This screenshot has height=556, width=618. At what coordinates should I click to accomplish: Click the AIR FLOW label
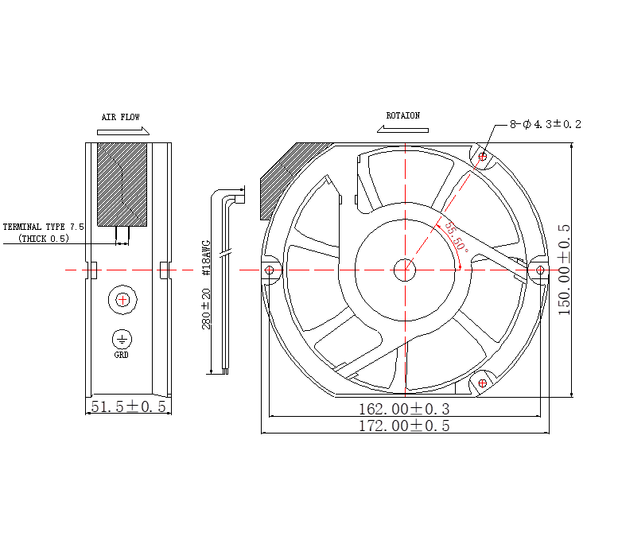(121, 117)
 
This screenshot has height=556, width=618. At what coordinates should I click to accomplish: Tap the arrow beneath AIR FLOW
(123, 131)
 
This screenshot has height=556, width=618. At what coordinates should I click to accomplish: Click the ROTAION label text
(402, 115)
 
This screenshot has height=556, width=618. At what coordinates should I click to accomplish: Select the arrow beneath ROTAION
(402, 129)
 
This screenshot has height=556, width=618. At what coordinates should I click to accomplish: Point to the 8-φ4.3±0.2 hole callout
(546, 124)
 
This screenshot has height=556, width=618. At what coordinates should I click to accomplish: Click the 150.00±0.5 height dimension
(565, 270)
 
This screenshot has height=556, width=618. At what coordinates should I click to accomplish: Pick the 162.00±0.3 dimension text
(404, 409)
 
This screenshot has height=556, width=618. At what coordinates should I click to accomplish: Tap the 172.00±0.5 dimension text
(404, 426)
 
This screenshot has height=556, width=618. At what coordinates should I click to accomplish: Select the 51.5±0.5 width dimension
(129, 406)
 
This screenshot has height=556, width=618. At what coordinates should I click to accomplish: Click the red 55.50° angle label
(457, 237)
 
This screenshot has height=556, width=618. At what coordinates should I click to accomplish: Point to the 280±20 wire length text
(206, 309)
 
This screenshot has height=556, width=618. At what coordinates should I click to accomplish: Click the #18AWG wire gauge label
(206, 258)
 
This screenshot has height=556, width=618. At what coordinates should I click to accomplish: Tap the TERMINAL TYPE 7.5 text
(44, 227)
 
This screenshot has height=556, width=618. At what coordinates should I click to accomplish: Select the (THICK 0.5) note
(44, 239)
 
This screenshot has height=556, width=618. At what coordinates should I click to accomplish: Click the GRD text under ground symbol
(122, 355)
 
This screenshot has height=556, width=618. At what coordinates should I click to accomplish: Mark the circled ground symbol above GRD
(122, 340)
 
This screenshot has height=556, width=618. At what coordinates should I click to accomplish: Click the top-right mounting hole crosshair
(483, 157)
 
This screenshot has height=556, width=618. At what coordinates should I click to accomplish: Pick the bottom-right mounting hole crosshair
(483, 383)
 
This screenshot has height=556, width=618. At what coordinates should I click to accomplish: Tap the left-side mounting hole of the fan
(269, 270)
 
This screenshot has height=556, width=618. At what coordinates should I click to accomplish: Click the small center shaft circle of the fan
(405, 270)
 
